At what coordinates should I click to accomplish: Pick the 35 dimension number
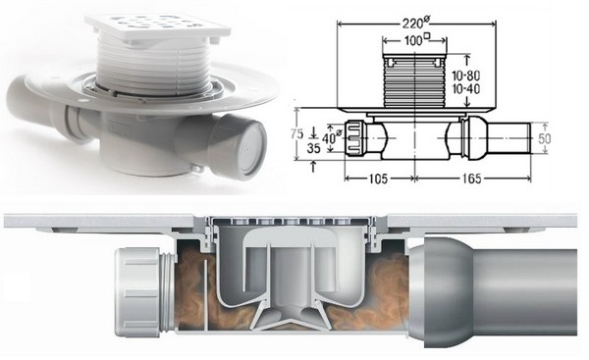click(312, 150)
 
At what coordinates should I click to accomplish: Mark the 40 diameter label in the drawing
click(333, 139)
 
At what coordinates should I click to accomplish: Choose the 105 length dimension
click(377, 181)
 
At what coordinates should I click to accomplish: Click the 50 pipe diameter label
click(558, 140)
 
